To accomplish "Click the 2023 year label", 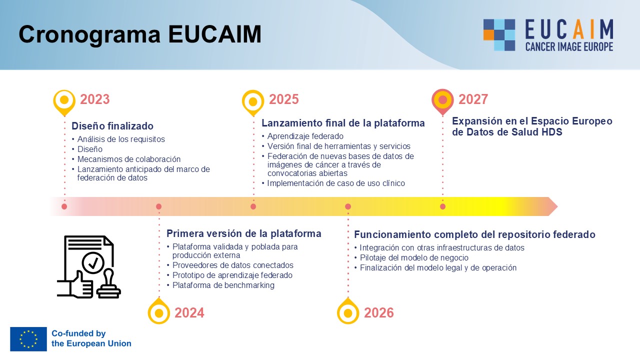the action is [x=95, y=99].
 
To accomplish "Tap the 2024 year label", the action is [x=189, y=313].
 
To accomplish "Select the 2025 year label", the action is [x=283, y=99].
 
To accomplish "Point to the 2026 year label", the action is [x=379, y=313].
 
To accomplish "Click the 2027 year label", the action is [x=473, y=99].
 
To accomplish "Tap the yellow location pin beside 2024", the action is [x=159, y=311].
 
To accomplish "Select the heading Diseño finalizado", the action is [x=112, y=126].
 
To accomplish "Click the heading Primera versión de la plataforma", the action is [x=243, y=233].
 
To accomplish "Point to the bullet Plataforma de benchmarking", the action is [x=223, y=285].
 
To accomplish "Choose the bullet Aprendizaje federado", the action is [x=305, y=136].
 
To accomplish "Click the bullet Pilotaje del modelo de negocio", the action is [x=414, y=257].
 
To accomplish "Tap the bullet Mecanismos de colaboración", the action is [x=129, y=159].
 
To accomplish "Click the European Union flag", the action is [x=28, y=339].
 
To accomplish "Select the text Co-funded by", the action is [x=78, y=333].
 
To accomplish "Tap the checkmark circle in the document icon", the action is [x=93, y=263].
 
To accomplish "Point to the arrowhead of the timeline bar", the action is [x=553, y=206].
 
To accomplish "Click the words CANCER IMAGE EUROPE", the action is [x=569, y=46].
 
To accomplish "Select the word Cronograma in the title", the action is [x=89, y=34].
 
